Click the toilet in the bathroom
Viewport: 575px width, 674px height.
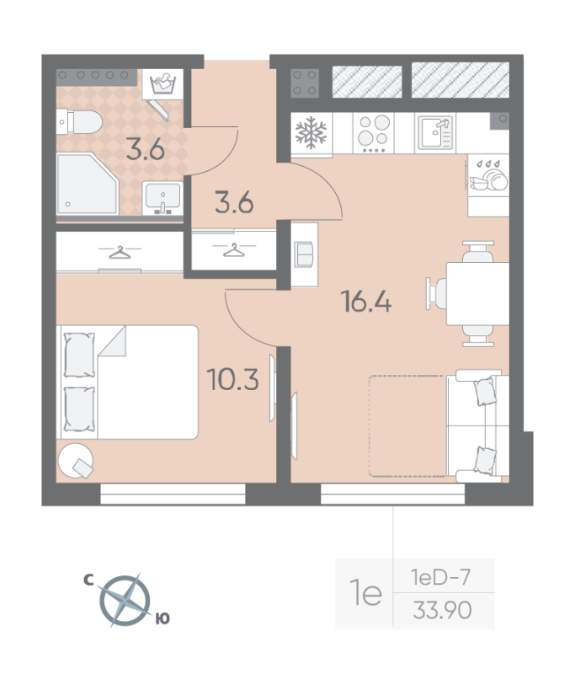coord(79,123)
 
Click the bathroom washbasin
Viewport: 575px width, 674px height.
coord(162,199)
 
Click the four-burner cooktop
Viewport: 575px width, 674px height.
coord(375,133)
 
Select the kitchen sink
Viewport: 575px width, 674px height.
coord(436,133)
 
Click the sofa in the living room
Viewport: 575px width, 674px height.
coord(476,425)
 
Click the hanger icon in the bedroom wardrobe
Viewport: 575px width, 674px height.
coord(121,251)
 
